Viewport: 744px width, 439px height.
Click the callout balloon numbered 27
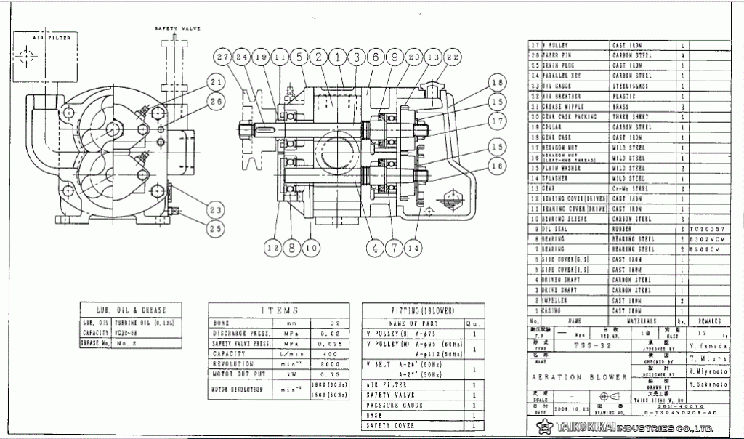coord(223,57)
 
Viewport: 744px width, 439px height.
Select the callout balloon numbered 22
coord(452,57)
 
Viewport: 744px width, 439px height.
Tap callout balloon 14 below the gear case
coord(414,248)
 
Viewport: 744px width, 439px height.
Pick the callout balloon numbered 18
coord(496,82)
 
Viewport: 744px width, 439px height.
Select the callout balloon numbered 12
coord(273,248)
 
